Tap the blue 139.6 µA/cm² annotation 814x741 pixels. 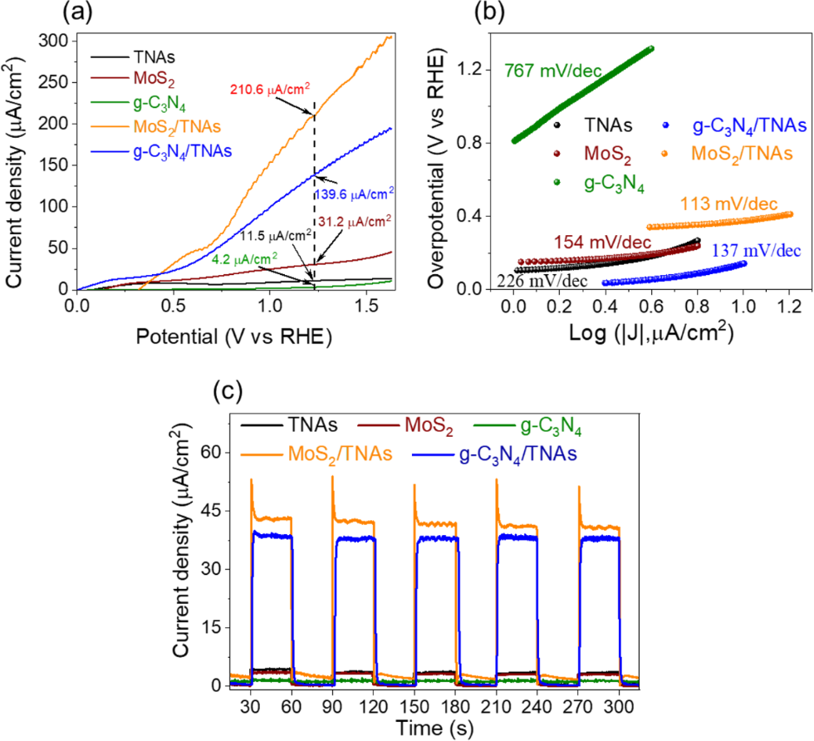[x=353, y=191]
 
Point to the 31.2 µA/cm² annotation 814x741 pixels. [x=354, y=220]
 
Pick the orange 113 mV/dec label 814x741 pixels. [x=723, y=203]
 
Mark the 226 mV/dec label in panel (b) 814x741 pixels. [x=542, y=282]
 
